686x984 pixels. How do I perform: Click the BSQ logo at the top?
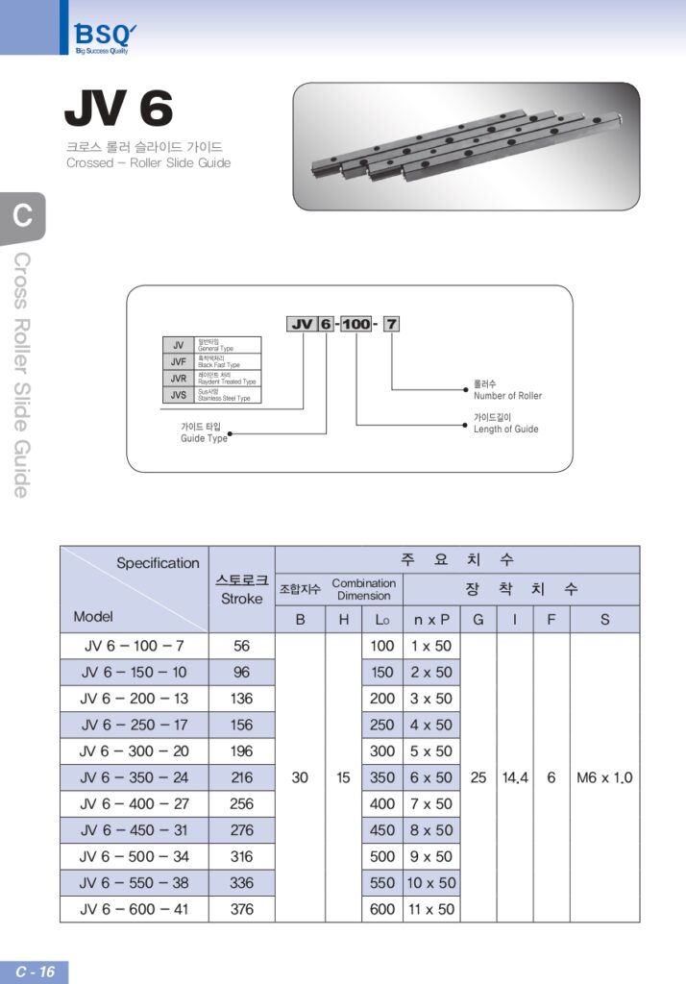click(x=100, y=37)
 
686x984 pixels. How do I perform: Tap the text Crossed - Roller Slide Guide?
click(x=148, y=163)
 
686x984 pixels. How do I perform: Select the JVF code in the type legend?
click(x=178, y=362)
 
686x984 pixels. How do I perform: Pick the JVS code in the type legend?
click(x=178, y=395)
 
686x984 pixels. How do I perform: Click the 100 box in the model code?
click(x=356, y=325)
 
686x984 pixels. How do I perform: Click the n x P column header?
click(x=430, y=620)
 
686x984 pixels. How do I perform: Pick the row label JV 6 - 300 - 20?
click(x=134, y=751)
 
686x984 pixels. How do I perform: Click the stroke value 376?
click(x=241, y=909)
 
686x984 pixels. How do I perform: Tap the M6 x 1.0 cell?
click(x=604, y=777)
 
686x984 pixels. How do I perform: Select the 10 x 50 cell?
click(x=430, y=883)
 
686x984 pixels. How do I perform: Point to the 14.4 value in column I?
click(x=515, y=777)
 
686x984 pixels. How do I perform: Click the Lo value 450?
click(x=382, y=830)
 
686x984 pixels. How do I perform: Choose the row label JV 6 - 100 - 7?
click(x=134, y=647)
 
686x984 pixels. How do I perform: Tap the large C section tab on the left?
click(x=22, y=216)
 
